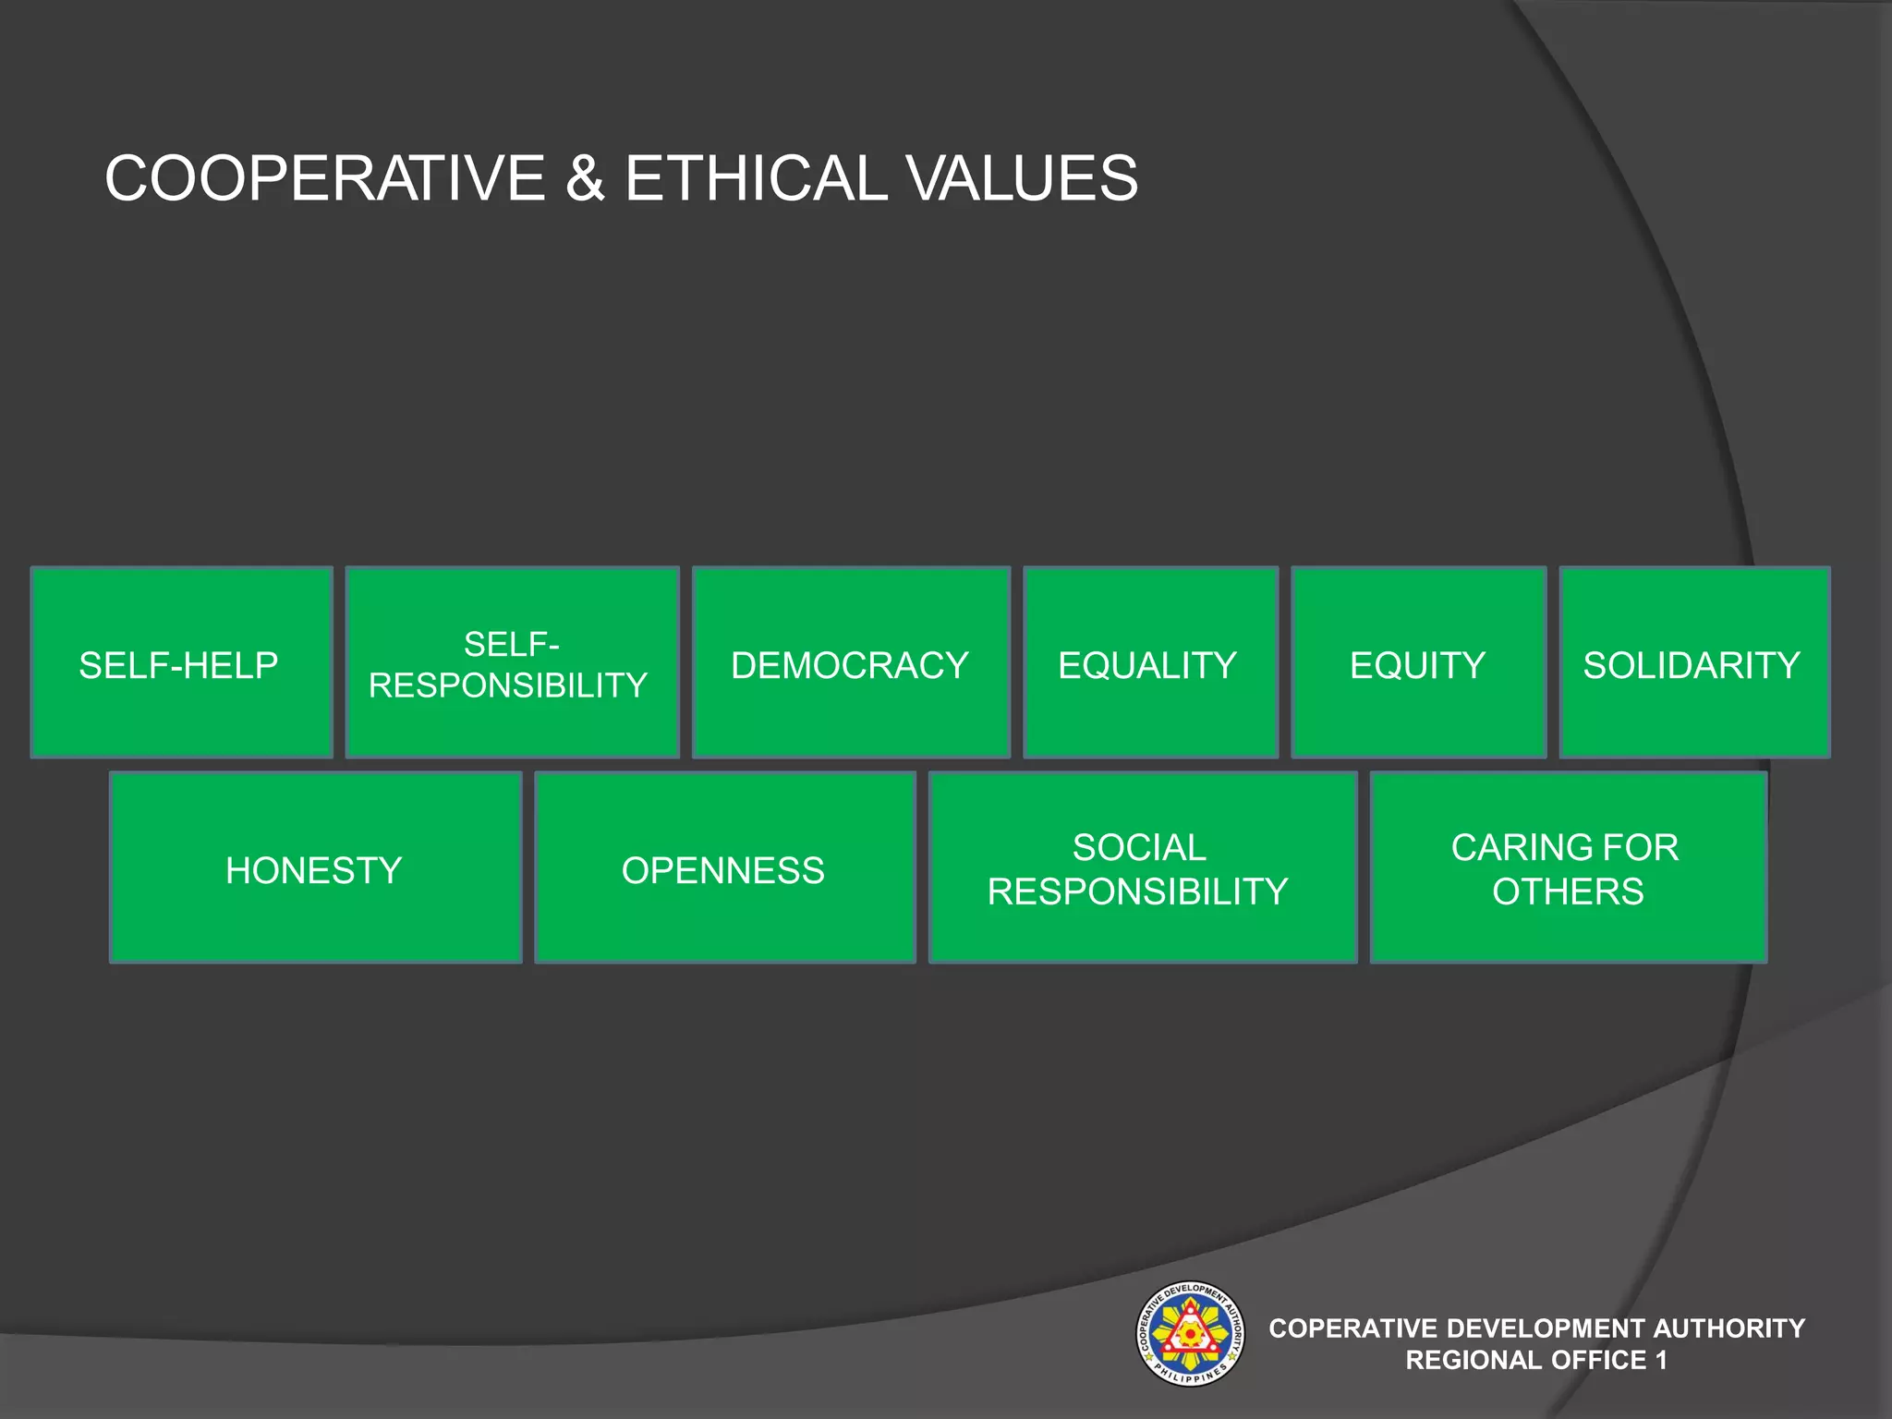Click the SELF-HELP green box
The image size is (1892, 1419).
(181, 662)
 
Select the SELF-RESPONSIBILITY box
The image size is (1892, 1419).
(512, 662)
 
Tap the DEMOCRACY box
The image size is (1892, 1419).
(850, 662)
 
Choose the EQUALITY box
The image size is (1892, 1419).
(1150, 662)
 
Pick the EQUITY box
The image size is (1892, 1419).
(1418, 662)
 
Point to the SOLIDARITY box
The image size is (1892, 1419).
(1694, 662)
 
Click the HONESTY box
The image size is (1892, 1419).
(315, 867)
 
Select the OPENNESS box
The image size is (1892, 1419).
(724, 867)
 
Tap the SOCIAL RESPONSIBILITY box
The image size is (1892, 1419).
(1142, 867)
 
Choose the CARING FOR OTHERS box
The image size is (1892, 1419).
(1568, 867)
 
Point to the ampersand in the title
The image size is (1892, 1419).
(585, 177)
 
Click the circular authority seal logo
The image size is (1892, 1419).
(1190, 1333)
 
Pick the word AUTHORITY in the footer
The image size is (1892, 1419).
(1728, 1328)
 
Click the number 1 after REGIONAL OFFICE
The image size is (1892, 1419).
(1661, 1360)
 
